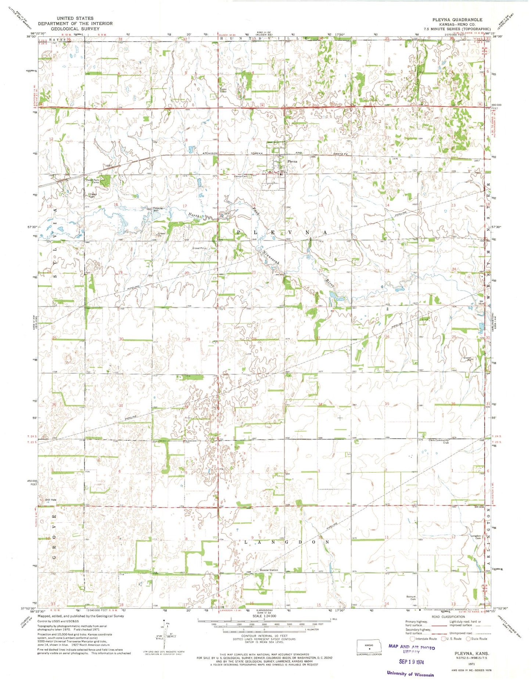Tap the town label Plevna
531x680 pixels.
pos(293,161)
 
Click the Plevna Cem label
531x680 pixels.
pos(241,176)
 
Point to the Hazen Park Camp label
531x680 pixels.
pos(93,181)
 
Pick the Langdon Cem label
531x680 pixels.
pos(476,537)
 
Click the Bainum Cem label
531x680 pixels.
pos(411,598)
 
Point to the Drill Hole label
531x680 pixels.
pos(51,500)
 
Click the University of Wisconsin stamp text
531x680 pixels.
pos(410,674)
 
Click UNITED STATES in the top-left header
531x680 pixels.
pos(75,18)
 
